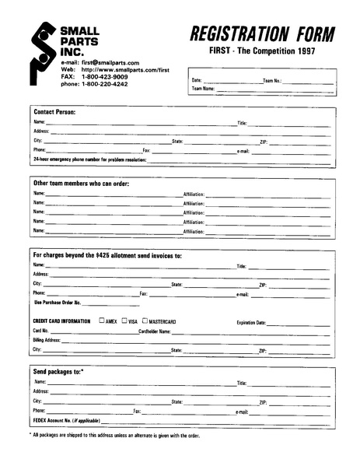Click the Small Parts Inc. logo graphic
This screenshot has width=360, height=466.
click(40, 52)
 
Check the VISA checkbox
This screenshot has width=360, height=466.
click(124, 321)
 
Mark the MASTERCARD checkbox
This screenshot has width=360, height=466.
click(145, 321)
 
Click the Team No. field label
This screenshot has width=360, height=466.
click(272, 80)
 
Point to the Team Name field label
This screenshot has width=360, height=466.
click(203, 89)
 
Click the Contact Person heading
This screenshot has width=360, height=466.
click(54, 111)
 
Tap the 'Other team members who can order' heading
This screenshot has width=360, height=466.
click(81, 183)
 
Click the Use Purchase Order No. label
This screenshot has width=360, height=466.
click(58, 303)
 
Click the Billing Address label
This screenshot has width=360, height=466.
click(47, 340)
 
